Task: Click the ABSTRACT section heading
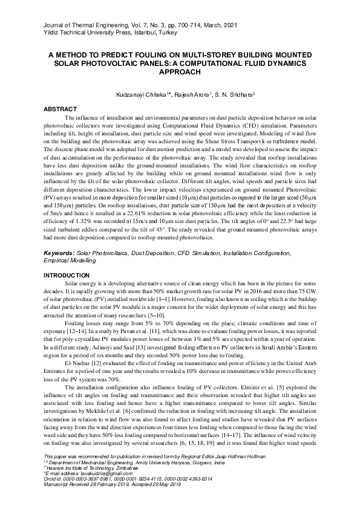tap(61, 109)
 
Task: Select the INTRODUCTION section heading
tap(67, 276)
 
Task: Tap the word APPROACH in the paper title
tap(180, 71)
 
